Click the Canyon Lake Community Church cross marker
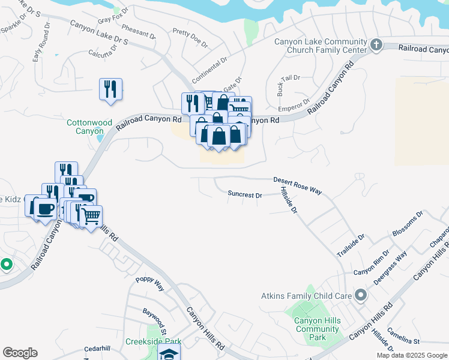376,44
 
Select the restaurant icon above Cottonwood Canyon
110,89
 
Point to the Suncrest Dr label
245,194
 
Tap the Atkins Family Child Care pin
360,295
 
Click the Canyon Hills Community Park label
317,329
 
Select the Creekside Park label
153,341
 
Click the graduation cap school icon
169,353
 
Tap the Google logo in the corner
20,353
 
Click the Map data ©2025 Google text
412,355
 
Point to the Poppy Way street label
149,284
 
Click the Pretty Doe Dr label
190,38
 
